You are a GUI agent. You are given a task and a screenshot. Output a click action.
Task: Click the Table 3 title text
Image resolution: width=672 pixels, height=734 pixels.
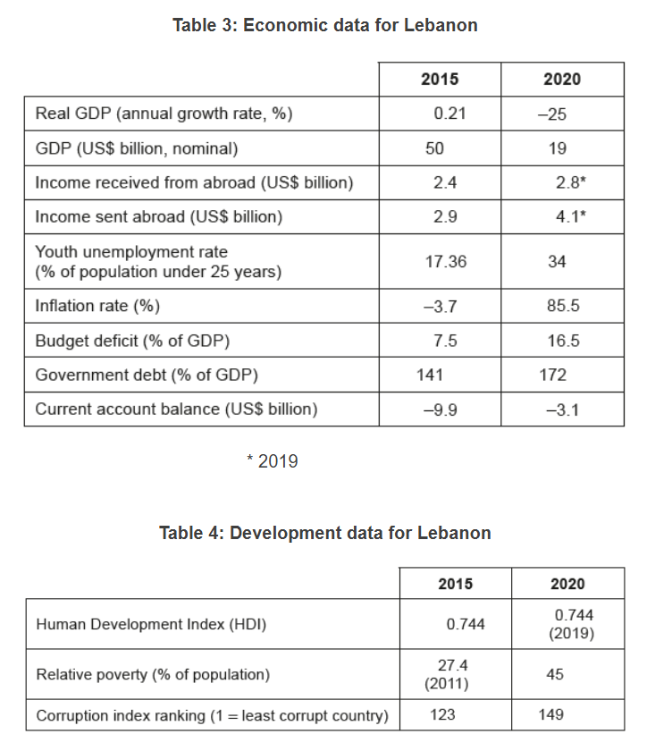click(325, 25)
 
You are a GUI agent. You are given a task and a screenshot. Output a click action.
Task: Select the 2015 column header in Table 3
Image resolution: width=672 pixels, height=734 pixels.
click(439, 80)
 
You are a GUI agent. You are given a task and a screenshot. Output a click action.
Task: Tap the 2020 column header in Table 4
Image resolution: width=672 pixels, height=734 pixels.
click(567, 584)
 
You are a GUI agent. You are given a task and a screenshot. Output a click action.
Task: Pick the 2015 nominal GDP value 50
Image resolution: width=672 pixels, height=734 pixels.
click(434, 148)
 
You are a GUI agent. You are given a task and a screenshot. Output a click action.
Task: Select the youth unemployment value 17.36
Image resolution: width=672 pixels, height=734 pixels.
click(445, 262)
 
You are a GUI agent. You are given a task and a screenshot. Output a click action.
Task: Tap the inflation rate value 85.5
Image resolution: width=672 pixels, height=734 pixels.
click(563, 306)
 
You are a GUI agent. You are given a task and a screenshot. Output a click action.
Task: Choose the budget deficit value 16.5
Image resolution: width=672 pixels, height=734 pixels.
click(563, 341)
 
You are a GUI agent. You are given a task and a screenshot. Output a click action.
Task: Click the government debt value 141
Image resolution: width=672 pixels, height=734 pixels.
click(430, 375)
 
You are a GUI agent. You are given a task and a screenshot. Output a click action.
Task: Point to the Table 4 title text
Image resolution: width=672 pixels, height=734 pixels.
click(325, 533)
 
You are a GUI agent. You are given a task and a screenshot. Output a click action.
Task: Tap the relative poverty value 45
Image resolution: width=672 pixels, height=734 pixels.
click(555, 674)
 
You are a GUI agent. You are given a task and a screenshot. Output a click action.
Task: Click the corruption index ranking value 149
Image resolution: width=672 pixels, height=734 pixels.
click(550, 714)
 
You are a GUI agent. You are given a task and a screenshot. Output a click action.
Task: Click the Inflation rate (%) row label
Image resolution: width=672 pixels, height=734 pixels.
click(97, 306)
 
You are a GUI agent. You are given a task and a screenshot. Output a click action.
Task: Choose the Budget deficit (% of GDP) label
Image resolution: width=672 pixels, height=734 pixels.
click(132, 341)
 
